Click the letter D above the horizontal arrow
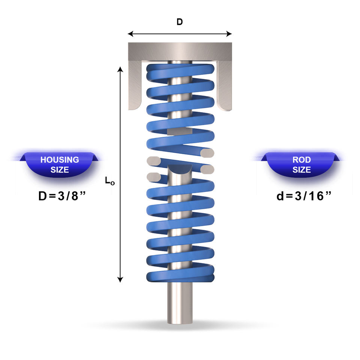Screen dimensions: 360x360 [180, 22]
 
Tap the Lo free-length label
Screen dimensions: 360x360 [109, 181]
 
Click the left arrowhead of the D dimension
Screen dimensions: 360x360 [130, 34]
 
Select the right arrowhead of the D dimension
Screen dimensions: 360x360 [229, 34]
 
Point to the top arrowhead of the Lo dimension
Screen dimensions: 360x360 [120, 69]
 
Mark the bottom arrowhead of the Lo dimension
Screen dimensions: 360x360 [120, 279]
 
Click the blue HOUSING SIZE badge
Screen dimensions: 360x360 [59, 164]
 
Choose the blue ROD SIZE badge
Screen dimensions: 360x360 [301, 164]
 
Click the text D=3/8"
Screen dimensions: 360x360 [62, 196]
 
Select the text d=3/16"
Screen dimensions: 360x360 [304, 196]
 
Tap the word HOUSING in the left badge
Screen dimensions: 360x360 [60, 160]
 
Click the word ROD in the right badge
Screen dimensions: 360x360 [301, 160]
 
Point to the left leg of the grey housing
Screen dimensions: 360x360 [135, 85]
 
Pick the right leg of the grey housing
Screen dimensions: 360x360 [224, 85]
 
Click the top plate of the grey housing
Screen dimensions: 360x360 [180, 51]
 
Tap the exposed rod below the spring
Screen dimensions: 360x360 [180, 303]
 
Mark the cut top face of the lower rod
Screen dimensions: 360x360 [180, 169]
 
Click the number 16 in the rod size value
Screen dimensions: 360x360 [316, 196]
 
